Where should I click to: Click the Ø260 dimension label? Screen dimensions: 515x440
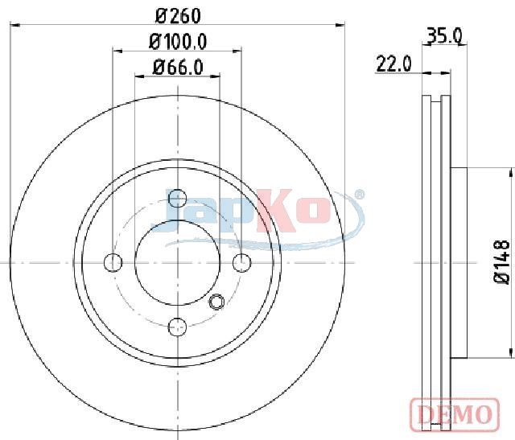(178, 16)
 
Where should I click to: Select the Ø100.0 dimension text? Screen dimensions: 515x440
(178, 42)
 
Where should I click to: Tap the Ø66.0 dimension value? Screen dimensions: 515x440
(178, 67)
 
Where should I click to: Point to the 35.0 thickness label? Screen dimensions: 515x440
(444, 35)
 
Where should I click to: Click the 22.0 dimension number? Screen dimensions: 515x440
(393, 64)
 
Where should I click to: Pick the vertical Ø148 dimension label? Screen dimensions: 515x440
(502, 262)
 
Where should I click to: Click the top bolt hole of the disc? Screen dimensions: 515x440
(177, 199)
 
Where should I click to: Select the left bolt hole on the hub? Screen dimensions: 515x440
(113, 263)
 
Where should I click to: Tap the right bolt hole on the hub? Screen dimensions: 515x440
(241, 263)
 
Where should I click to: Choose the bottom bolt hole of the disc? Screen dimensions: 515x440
(177, 327)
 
